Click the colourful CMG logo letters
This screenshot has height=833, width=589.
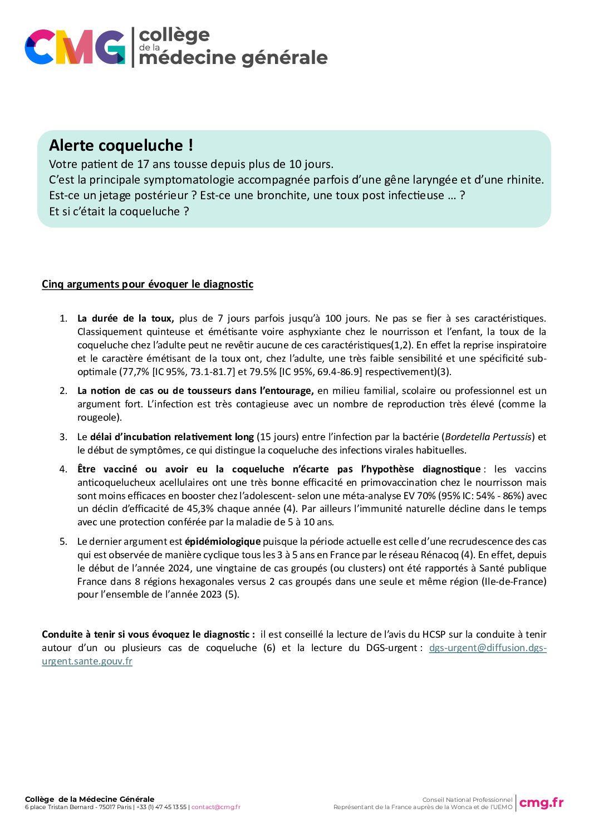pyautogui.click(x=75, y=47)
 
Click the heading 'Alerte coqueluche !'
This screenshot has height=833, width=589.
pyautogui.click(x=121, y=145)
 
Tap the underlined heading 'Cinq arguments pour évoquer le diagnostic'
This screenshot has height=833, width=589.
pyautogui.click(x=148, y=284)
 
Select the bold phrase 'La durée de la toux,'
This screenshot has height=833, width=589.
pyautogui.click(x=125, y=319)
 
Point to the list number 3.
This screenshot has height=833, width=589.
pyautogui.click(x=63, y=437)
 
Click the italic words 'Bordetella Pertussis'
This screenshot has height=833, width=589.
pyautogui.click(x=488, y=437)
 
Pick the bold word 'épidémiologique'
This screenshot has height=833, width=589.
pyautogui.click(x=223, y=541)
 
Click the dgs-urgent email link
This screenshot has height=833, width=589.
pyautogui.click(x=488, y=648)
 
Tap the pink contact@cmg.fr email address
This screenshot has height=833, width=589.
pyautogui.click(x=216, y=807)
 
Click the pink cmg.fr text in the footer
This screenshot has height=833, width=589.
pyautogui.click(x=541, y=802)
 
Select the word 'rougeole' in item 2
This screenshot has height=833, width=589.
pyautogui.click(x=98, y=417)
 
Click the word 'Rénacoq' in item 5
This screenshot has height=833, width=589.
pyautogui.click(x=440, y=555)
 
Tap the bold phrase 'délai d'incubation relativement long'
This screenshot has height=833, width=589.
pyautogui.click(x=172, y=437)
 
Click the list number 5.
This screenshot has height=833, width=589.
pyautogui.click(x=63, y=541)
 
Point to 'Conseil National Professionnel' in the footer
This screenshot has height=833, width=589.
pyautogui.click(x=467, y=800)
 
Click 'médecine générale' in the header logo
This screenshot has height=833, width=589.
pyautogui.click(x=233, y=58)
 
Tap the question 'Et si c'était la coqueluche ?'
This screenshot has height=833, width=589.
pyautogui.click(x=119, y=211)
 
